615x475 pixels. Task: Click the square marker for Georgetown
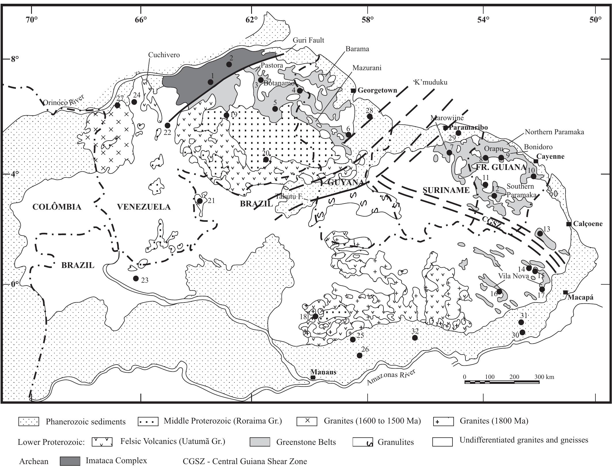click(353, 91)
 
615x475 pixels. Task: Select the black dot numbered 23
click(136, 278)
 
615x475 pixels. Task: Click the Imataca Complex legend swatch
click(70, 461)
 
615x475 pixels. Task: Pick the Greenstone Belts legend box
click(260, 442)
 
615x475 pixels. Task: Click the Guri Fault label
click(308, 40)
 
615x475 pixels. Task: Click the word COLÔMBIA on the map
click(57, 207)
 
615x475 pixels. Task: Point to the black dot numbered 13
click(540, 233)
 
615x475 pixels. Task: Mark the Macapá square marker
click(566, 293)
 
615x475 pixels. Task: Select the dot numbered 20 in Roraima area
click(266, 160)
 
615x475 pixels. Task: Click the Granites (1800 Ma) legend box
click(443, 422)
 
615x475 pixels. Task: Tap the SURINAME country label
click(446, 190)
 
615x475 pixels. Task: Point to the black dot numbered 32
click(415, 338)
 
